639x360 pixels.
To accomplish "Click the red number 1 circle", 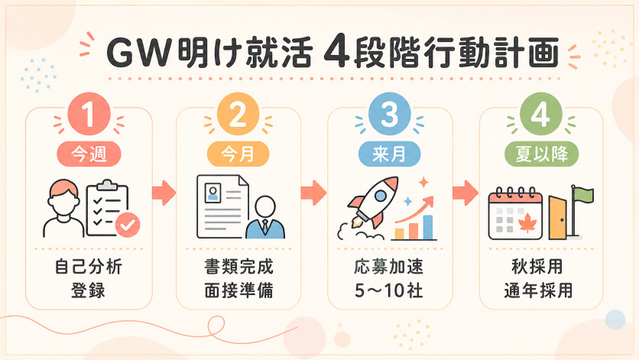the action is (89, 114).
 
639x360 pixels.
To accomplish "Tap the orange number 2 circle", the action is (238, 114).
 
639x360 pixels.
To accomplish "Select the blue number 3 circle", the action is (389, 114).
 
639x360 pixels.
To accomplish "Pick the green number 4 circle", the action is (541, 114).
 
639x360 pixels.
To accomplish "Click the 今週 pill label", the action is (89, 154).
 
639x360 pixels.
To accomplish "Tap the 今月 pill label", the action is (238, 154).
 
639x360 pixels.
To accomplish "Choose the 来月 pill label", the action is (389, 154).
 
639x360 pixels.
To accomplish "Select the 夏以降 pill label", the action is (542, 154).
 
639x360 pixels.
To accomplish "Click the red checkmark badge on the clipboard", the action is (128, 225).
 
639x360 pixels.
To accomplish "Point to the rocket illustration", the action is (373, 202).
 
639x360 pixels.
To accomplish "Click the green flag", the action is (583, 194).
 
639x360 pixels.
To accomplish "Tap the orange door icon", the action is (557, 218).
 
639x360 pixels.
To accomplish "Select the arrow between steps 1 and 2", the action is (164, 193).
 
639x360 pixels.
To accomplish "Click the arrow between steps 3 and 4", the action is (465, 193).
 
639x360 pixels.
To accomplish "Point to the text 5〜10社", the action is (389, 290).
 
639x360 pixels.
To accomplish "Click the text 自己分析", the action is (89, 267).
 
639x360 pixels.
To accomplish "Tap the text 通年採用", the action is (538, 290).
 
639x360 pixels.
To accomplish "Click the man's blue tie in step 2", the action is (265, 226).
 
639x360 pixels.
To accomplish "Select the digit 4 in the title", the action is (336, 53).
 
